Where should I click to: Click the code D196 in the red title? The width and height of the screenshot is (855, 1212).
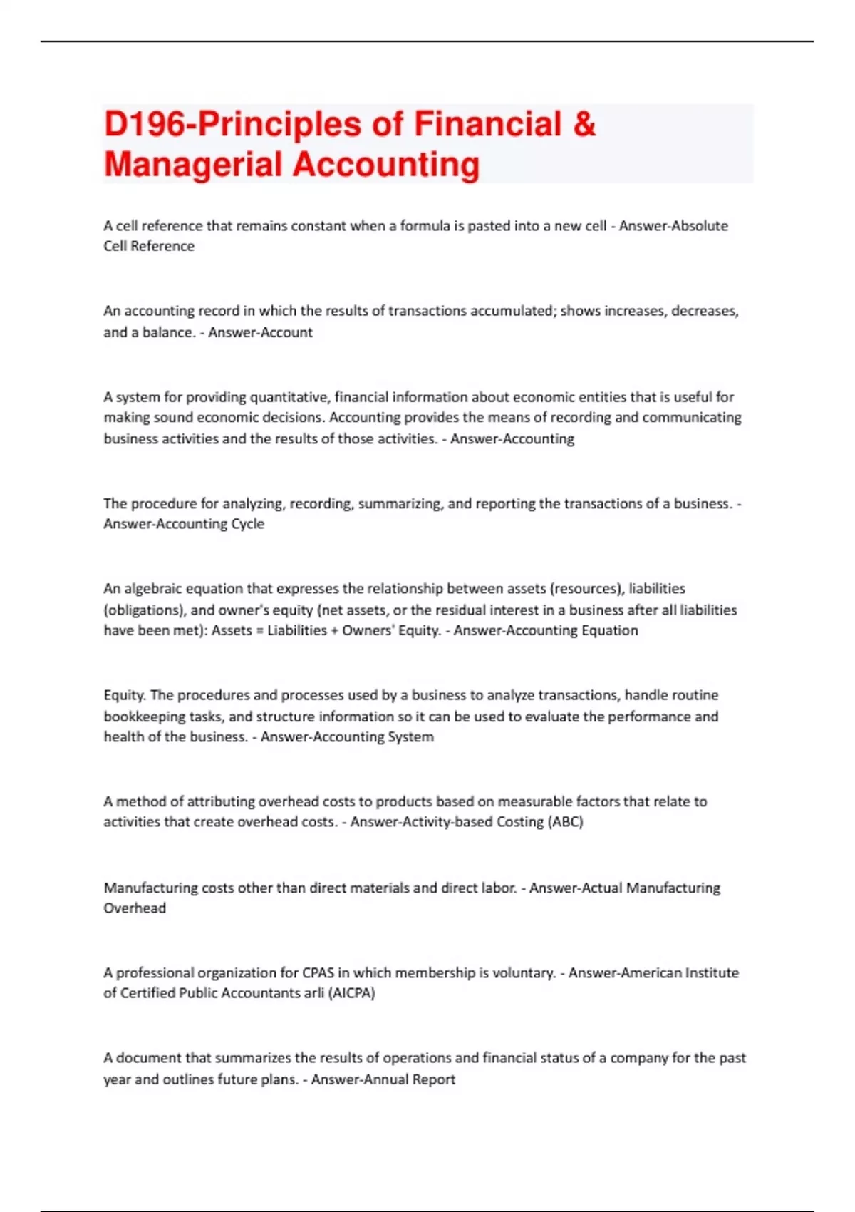(x=145, y=124)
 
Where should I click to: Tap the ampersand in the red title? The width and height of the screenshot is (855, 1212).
(x=584, y=124)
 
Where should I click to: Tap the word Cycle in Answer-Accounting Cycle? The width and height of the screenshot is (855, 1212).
(x=247, y=524)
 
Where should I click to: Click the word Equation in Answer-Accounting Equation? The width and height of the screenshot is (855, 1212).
(x=609, y=630)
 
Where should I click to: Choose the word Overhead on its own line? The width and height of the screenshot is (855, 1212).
(x=135, y=908)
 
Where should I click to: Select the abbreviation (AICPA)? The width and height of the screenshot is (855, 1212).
(x=351, y=993)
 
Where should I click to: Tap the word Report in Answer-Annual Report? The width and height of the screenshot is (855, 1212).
(x=433, y=1079)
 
